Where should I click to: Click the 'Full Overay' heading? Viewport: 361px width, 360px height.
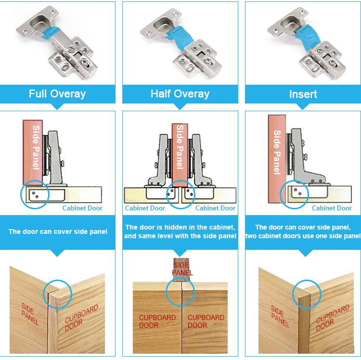tap(57, 94)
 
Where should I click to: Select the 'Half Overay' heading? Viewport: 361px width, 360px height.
tap(180, 94)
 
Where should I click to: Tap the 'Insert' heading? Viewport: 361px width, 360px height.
tap(303, 94)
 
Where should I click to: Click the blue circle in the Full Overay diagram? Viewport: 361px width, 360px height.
tap(35, 195)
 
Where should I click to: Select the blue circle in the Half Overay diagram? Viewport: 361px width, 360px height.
tap(180, 194)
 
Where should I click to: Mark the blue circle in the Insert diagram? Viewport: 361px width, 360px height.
tap(294, 195)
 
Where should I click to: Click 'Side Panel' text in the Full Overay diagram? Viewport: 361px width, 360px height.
tap(36, 147)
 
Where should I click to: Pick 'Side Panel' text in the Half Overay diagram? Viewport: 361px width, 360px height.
tap(180, 147)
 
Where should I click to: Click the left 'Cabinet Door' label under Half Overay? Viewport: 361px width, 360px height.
tap(145, 208)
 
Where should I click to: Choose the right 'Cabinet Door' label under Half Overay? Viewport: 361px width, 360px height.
tap(215, 208)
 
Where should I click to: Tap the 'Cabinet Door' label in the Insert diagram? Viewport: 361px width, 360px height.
tap(332, 208)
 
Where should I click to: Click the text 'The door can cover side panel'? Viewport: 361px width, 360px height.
tap(58, 231)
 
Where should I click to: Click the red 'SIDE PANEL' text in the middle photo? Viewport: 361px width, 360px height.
tap(181, 269)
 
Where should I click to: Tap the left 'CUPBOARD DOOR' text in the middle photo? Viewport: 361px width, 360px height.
tap(157, 321)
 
